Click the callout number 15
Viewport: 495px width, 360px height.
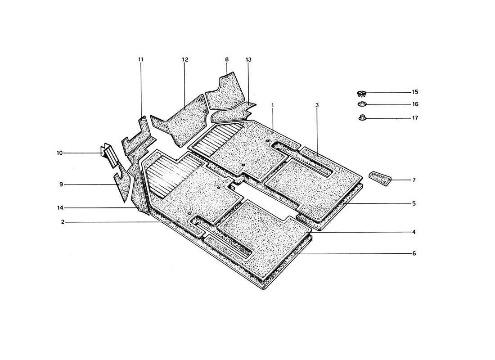[x=415, y=92]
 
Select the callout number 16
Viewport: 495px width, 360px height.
[x=415, y=104]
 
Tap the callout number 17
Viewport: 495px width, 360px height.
[x=415, y=118]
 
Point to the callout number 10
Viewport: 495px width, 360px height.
[x=60, y=153]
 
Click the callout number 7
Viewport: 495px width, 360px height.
[x=414, y=180]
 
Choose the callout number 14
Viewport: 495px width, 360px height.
[x=60, y=208]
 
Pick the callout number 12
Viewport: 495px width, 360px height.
[x=185, y=59]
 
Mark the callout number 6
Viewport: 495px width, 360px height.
[x=414, y=253]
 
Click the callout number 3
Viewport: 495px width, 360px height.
[x=317, y=105]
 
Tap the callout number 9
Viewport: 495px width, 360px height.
[x=61, y=184]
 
